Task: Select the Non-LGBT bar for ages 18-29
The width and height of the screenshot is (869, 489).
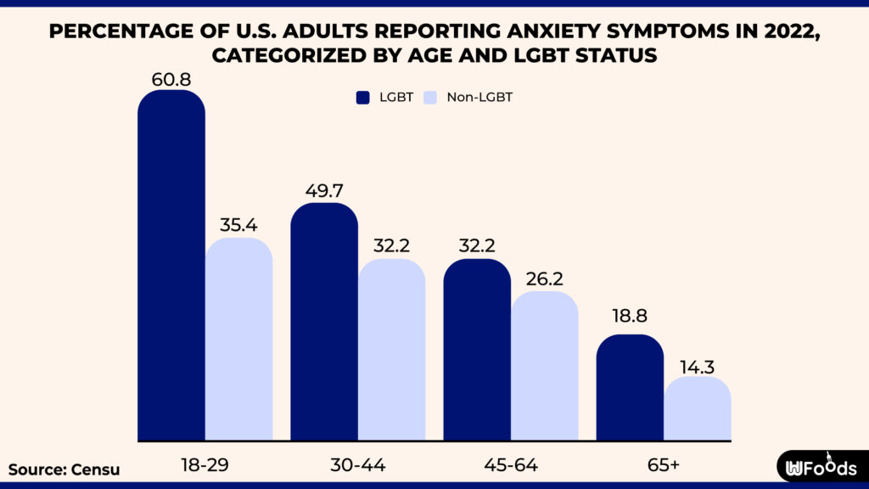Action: (239, 340)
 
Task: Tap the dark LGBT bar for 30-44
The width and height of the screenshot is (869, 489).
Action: (324, 323)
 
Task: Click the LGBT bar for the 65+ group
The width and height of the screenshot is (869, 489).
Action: (630, 388)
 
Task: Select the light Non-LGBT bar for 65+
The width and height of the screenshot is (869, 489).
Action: (698, 409)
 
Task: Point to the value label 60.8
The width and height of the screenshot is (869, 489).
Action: (171, 80)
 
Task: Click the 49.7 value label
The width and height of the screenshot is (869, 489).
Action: (324, 191)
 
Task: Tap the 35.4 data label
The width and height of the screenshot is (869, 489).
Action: (239, 226)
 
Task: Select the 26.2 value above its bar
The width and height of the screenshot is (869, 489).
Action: (545, 279)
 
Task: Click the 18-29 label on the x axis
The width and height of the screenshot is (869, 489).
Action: (205, 465)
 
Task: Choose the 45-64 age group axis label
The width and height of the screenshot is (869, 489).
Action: (510, 465)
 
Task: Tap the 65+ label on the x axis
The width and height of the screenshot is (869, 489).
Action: (663, 465)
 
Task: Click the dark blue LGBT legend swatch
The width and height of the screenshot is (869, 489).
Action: (363, 98)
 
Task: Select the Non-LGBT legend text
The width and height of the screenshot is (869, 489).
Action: (479, 98)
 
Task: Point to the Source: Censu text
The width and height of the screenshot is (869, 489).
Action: (64, 469)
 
